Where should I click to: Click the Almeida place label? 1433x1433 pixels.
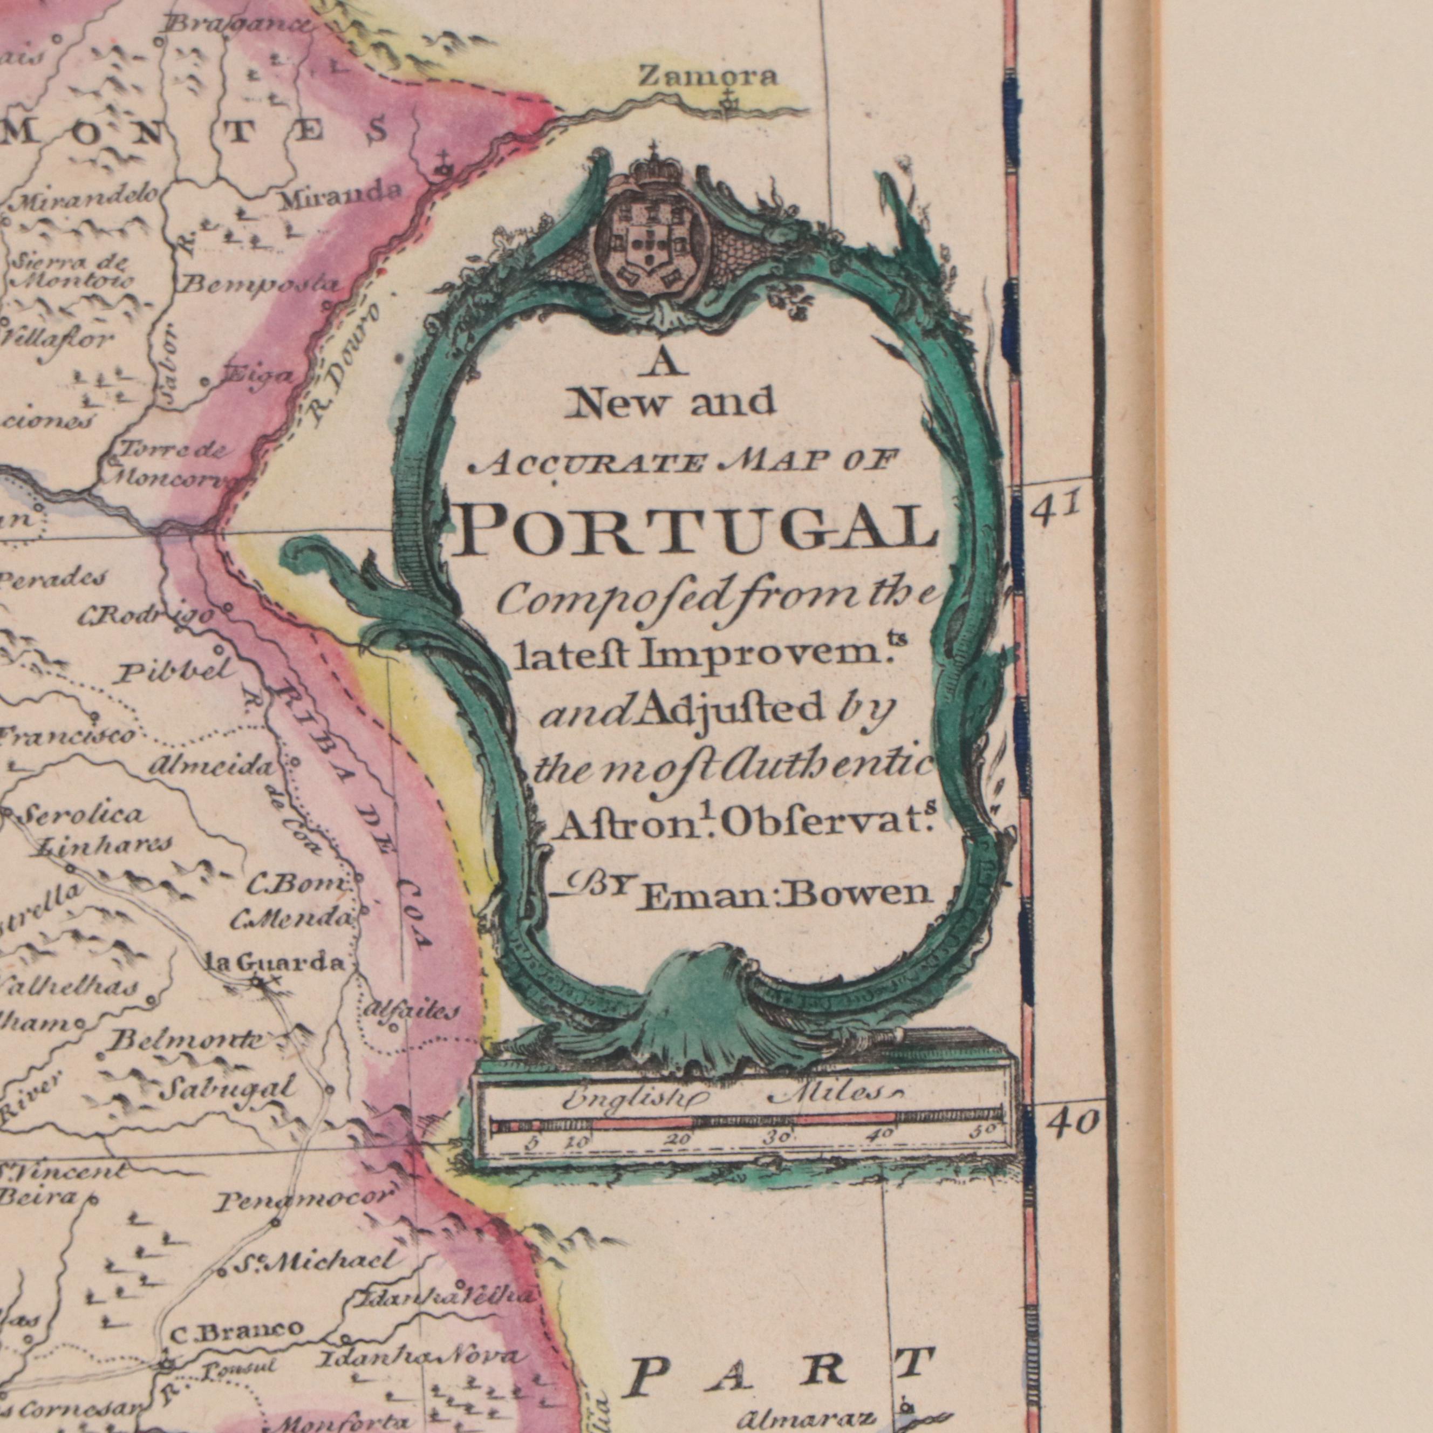(x=214, y=768)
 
